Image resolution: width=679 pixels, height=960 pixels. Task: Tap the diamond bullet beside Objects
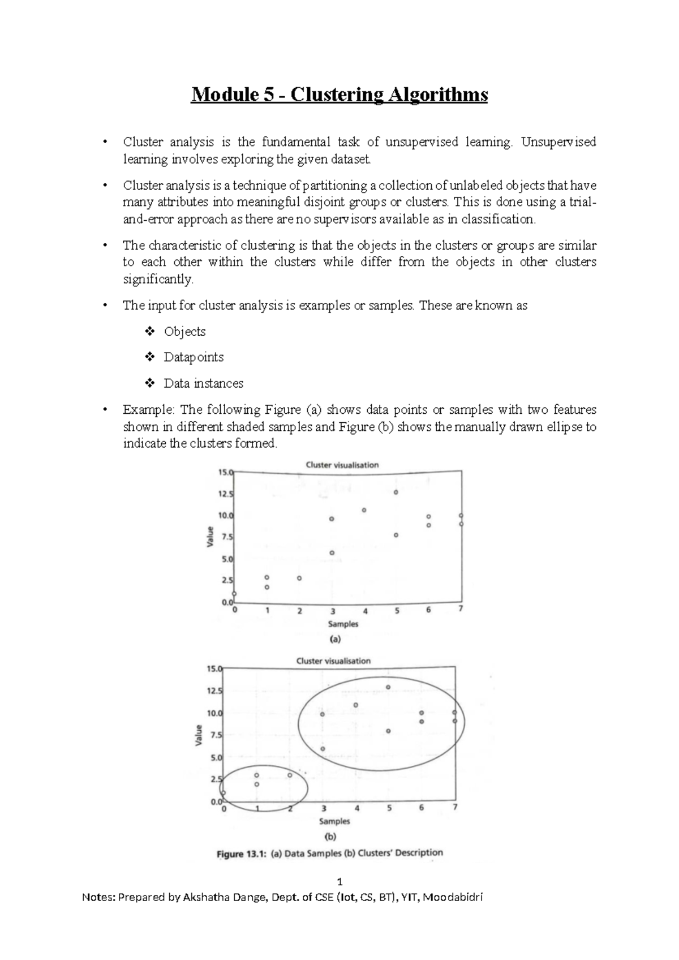pyautogui.click(x=150, y=331)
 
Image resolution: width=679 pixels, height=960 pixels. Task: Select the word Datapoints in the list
pyautogui.click(x=194, y=357)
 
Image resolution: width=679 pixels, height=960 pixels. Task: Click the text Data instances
pyautogui.click(x=203, y=383)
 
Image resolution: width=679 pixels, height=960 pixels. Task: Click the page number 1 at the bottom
pyautogui.click(x=339, y=882)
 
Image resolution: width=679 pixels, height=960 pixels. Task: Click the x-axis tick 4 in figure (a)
pyautogui.click(x=366, y=611)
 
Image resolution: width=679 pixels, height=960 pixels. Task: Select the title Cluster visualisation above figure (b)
pyautogui.click(x=333, y=661)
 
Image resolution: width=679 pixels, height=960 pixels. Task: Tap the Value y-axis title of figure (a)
pyautogui.click(x=210, y=536)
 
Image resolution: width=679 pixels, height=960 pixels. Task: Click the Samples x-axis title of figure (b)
pyautogui.click(x=334, y=821)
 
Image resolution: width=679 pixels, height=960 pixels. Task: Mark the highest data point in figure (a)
pyautogui.click(x=396, y=492)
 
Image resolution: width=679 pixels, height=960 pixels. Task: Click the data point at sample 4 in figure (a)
pyautogui.click(x=364, y=510)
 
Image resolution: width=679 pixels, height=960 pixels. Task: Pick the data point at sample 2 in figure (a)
pyautogui.click(x=299, y=578)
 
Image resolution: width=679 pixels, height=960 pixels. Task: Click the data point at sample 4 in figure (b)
pyautogui.click(x=356, y=705)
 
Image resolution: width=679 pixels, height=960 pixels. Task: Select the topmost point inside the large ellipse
pyautogui.click(x=388, y=687)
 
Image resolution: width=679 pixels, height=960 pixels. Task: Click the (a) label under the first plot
pyautogui.click(x=335, y=639)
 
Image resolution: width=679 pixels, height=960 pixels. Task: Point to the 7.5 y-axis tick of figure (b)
pyautogui.click(x=216, y=735)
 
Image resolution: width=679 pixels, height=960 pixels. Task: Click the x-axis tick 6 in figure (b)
pyautogui.click(x=422, y=808)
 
